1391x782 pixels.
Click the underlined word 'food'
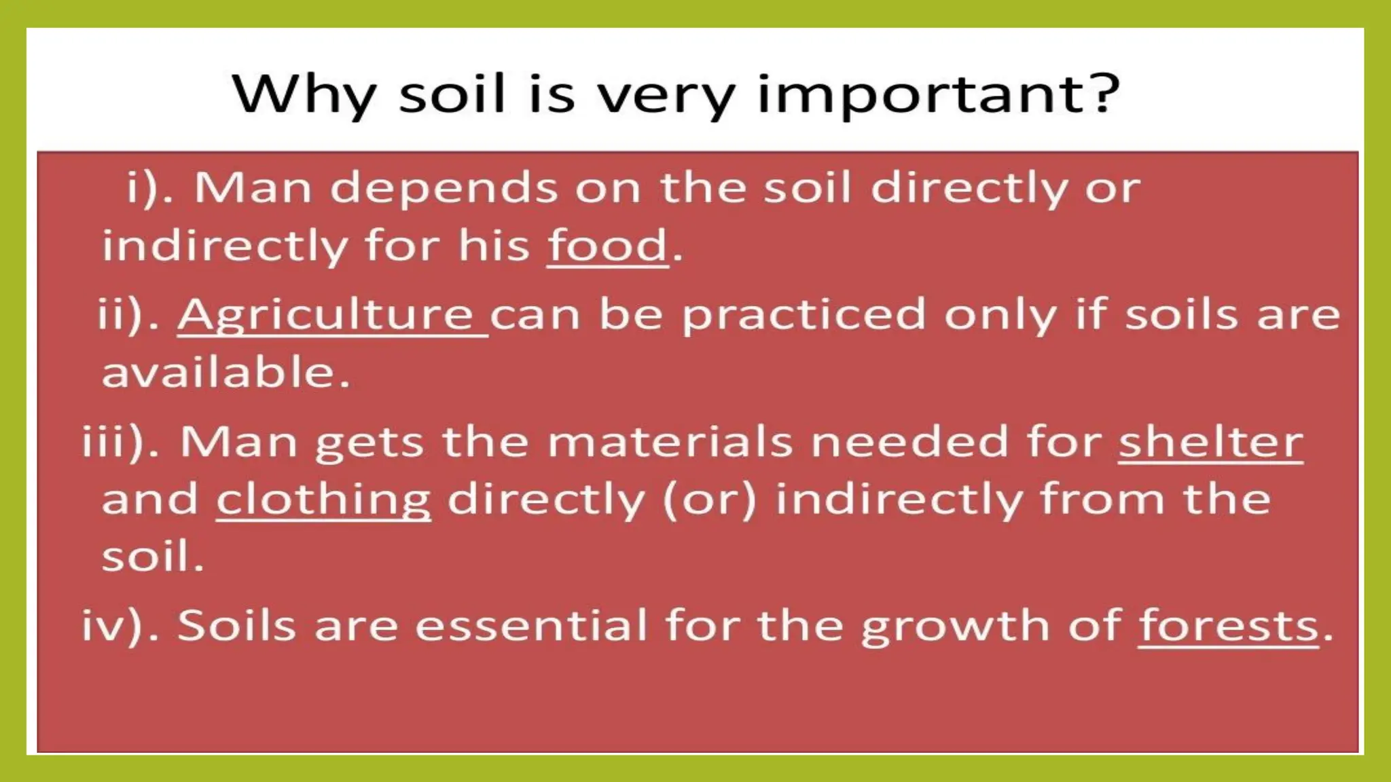coord(608,245)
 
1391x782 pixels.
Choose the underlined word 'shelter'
coord(1210,442)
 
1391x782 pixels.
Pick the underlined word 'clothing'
coord(323,500)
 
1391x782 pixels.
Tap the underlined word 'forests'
coord(1228,625)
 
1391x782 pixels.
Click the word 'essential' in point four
coord(531,625)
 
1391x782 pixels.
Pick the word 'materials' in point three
coord(670,442)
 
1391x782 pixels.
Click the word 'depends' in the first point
coord(444,187)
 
